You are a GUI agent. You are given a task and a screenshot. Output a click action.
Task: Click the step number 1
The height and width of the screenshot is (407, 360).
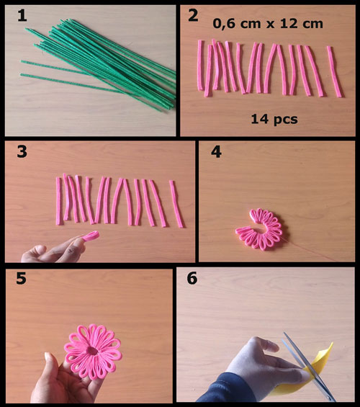tap(22, 16)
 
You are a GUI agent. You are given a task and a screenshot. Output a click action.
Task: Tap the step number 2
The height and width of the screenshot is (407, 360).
tap(193, 16)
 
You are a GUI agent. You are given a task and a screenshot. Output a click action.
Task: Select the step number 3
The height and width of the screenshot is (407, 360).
tap(22, 151)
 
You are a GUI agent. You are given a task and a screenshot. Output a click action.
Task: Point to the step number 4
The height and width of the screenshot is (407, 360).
tap(216, 152)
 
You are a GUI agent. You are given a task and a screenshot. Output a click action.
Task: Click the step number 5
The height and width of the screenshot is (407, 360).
tap(22, 278)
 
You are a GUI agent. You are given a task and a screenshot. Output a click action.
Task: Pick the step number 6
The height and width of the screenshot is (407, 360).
tap(192, 278)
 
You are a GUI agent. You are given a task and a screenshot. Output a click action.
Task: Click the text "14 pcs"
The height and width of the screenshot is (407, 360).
tap(274, 119)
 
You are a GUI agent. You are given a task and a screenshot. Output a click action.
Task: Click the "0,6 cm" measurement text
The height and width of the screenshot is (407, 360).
tap(237, 24)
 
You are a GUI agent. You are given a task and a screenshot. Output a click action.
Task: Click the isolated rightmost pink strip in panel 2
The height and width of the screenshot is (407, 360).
tap(335, 71)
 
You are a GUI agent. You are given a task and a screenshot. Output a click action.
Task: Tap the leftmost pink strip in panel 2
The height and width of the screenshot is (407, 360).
tap(200, 66)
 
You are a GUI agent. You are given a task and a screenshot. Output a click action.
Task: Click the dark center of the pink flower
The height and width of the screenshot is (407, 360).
tap(92, 351)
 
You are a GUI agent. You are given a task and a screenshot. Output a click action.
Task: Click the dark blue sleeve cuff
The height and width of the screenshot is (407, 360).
tap(225, 389)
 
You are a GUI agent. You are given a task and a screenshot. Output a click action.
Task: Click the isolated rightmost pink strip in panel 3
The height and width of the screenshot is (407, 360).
tap(176, 204)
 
